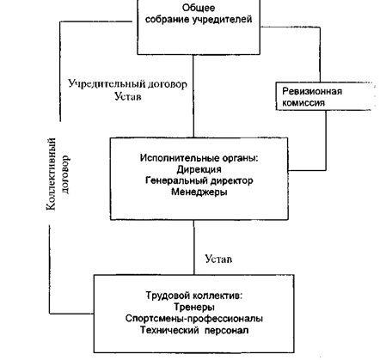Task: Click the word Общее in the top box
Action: coord(199,8)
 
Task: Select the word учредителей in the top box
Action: coord(223,20)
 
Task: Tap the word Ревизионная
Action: coord(312,91)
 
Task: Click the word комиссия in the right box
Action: coord(303,103)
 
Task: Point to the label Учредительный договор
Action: coord(128,84)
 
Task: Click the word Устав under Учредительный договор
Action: coord(128,96)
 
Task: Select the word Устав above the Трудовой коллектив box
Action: coord(218,259)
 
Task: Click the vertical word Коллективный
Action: coord(51,174)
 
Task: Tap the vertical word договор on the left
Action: coord(65,174)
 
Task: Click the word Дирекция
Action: coord(199,169)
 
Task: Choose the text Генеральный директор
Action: coord(199,180)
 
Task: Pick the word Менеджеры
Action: coord(199,192)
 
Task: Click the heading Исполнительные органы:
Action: coord(199,158)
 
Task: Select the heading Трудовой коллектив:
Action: coord(194,296)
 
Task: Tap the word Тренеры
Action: coord(194,307)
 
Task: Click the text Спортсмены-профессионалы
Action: coord(194,319)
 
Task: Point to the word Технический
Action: coord(169,330)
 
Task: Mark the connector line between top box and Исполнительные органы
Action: coord(193,96)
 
